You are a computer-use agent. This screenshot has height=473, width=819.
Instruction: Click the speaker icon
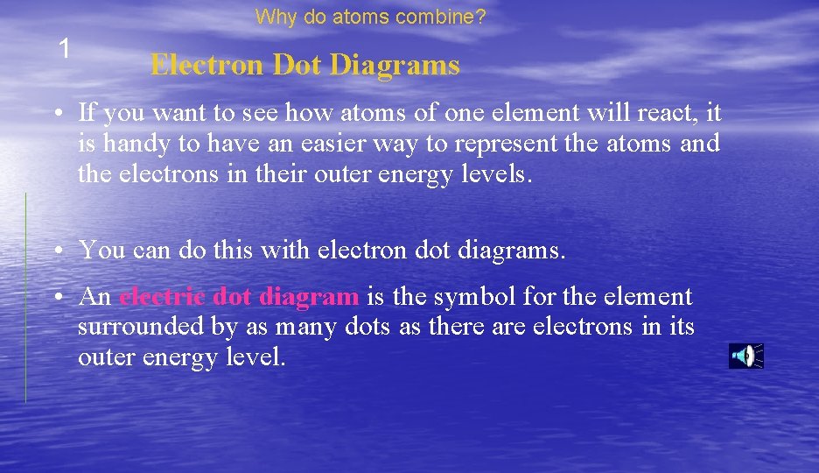[745, 356]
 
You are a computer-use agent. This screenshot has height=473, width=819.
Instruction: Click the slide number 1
[63, 49]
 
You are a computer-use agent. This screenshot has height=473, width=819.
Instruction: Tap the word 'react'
[674, 113]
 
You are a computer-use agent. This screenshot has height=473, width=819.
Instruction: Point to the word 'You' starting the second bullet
[101, 251]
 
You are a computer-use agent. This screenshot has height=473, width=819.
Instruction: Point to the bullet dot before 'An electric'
[55, 298]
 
